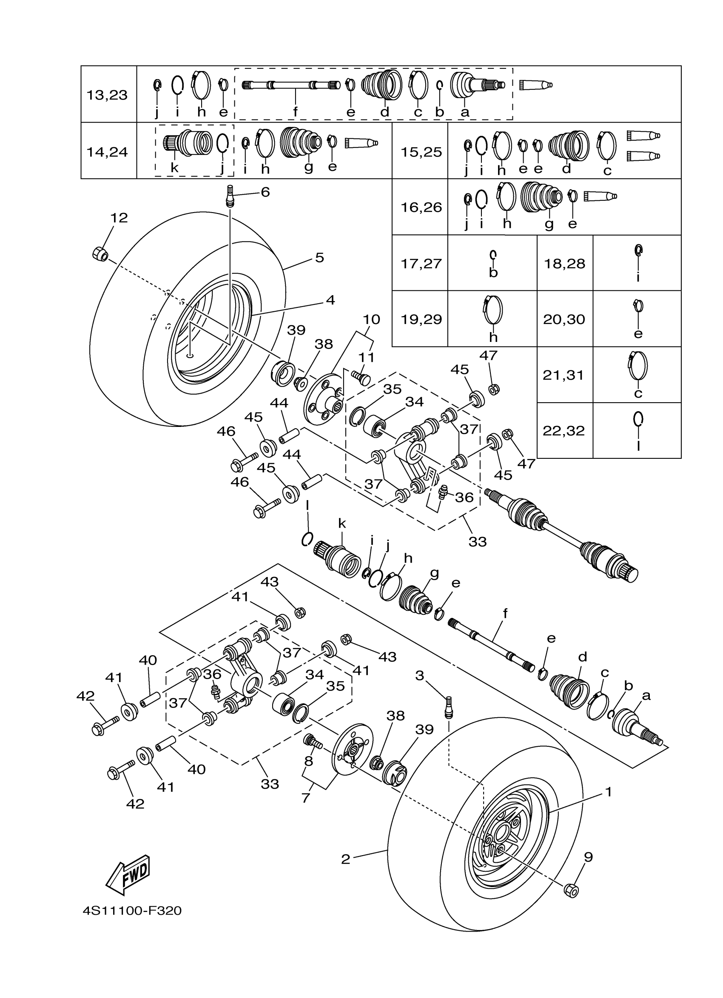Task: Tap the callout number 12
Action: point(119,217)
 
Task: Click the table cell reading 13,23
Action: point(107,95)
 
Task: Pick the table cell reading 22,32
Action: point(564,431)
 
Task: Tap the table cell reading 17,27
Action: point(421,264)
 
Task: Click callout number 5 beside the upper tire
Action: point(319,257)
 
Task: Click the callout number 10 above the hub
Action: point(371,319)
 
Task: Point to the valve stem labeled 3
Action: point(448,707)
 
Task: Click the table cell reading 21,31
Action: point(564,375)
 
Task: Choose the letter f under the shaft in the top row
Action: point(295,112)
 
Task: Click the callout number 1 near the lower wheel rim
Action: point(609,792)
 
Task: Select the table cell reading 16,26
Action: point(421,207)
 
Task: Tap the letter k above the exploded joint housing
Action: point(342,523)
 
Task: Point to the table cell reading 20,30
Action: point(564,319)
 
